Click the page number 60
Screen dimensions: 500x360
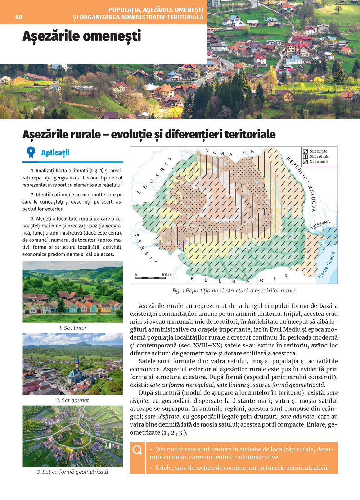pos(19,17)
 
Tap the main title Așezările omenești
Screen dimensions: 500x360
pos(82,36)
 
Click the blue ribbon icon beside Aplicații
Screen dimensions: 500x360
pos(31,152)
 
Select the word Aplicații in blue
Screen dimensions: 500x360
pos(55,153)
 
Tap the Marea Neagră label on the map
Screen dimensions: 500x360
pos(327,265)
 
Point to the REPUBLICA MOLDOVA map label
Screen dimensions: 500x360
pos(302,183)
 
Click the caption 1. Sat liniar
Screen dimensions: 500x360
pos(73,328)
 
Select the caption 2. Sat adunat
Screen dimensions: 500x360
pos(73,400)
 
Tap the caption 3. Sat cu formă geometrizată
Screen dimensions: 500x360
pos(72,472)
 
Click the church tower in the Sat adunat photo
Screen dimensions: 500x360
pos(77,360)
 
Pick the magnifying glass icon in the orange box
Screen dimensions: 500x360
pos(137,450)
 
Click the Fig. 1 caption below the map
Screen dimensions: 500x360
pos(234,291)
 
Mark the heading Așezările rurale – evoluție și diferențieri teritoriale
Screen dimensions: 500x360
pos(149,135)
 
